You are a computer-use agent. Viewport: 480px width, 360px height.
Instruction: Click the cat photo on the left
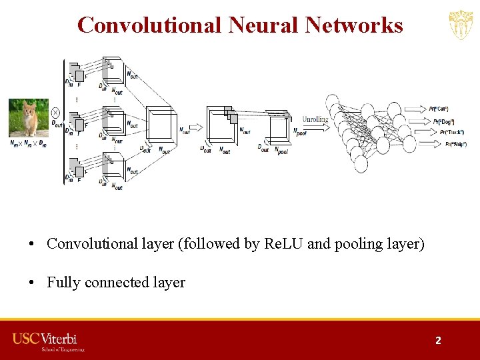coord(28,117)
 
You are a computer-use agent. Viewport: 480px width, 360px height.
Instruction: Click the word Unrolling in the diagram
coord(315,119)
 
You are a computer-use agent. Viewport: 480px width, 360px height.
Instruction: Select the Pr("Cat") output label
coord(438,108)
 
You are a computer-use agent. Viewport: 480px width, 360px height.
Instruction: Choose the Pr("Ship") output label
coord(456,144)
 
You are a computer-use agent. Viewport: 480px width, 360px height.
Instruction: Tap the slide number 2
coord(438,340)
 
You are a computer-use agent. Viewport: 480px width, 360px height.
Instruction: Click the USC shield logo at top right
coord(461,25)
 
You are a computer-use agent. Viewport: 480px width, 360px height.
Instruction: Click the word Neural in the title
coord(263,25)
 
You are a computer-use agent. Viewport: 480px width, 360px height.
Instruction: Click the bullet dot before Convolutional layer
coord(32,244)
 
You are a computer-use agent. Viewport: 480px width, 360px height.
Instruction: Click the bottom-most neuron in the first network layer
coord(359,163)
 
